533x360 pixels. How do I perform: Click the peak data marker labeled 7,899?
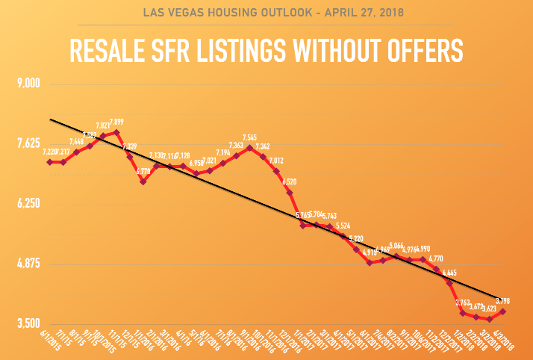coord(116,132)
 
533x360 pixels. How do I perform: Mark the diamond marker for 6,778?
coord(143,181)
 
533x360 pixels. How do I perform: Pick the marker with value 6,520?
coord(290,193)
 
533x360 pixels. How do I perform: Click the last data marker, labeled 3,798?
coord(503,311)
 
